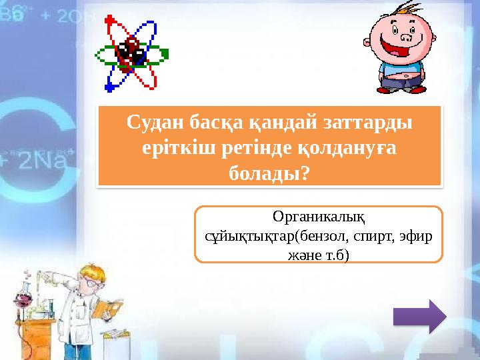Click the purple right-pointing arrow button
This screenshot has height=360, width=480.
point(419,315)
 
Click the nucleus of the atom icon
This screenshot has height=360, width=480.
point(131,53)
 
